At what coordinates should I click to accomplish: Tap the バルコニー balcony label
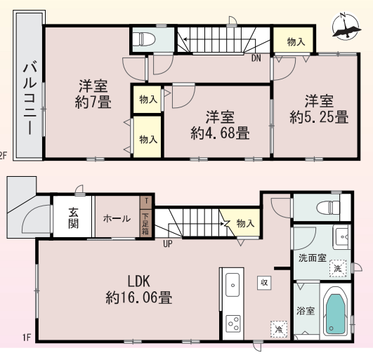[30, 98]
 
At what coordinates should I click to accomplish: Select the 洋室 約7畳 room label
[93, 94]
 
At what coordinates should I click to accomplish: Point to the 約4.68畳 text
[220, 133]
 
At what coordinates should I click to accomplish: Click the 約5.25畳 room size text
[319, 117]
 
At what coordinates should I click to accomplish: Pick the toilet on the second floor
[144, 39]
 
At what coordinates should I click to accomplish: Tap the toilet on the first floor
[328, 207]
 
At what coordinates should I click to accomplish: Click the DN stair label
[256, 58]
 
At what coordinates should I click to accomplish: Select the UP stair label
[168, 244]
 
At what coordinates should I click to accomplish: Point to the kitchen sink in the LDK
[233, 285]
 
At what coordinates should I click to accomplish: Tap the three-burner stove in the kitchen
[233, 324]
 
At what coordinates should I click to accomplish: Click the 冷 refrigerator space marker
[279, 329]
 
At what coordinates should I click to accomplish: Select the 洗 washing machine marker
[338, 268]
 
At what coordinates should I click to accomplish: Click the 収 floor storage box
[264, 283]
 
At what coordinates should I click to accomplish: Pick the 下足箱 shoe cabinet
[145, 223]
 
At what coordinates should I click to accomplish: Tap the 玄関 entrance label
[73, 218]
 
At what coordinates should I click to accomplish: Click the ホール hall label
[117, 218]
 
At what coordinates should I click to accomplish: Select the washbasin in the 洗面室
[341, 237]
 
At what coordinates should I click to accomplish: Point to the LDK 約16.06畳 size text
[139, 289]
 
